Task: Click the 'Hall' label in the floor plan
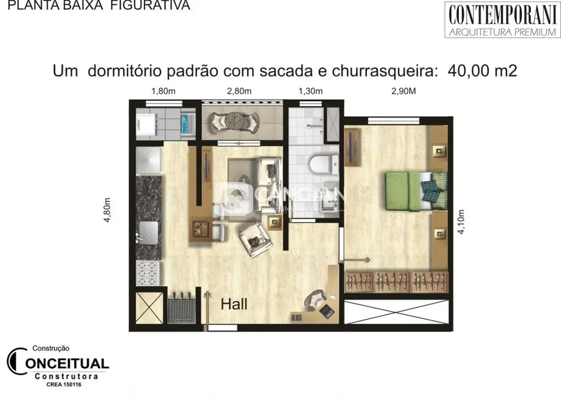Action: pos(234,304)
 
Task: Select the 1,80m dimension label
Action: pos(163,92)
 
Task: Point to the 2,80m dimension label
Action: pos(240,92)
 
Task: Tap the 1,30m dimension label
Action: pos(310,92)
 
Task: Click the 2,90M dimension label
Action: pos(398,92)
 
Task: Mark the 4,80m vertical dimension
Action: pos(108,211)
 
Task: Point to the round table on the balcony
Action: pos(232,121)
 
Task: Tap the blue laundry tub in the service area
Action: pos(185,124)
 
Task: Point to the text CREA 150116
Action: pos(64,385)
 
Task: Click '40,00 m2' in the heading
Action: pos(483,70)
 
